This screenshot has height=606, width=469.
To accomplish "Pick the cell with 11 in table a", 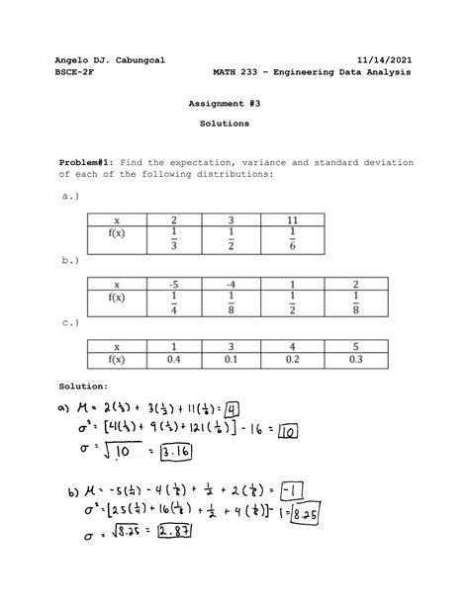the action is point(294,220).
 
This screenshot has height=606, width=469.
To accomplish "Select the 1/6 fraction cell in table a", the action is point(294,240).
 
